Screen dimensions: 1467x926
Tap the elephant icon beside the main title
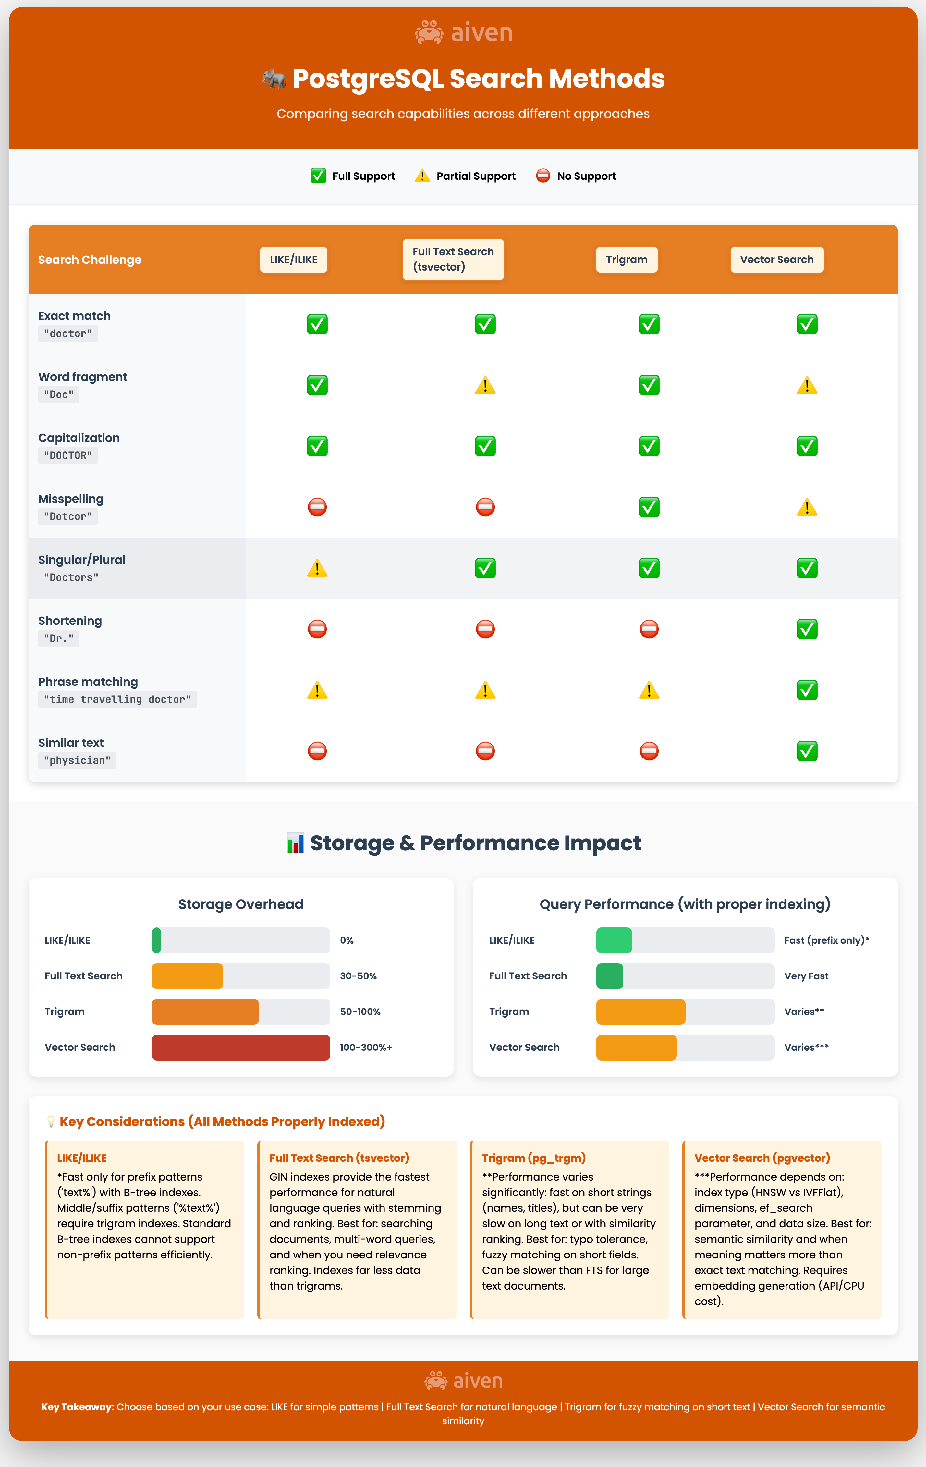pyautogui.click(x=274, y=79)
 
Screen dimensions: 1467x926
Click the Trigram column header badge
pyautogui.click(x=626, y=260)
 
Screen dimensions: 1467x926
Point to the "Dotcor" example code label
pyautogui.click(x=67, y=516)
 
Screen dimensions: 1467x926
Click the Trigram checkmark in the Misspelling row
pyautogui.click(x=649, y=507)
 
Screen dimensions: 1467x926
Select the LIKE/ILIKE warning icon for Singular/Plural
pyautogui.click(x=317, y=568)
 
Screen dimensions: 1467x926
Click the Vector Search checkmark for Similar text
pyautogui.click(x=807, y=751)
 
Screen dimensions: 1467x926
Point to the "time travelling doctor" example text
pyautogui.click(x=117, y=699)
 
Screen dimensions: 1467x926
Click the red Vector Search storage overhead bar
pyautogui.click(x=241, y=1047)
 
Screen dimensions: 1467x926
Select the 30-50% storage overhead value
pyautogui.click(x=358, y=976)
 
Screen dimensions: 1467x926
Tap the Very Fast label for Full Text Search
pyautogui.click(x=806, y=976)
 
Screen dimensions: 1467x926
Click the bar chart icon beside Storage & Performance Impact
pyautogui.click(x=296, y=843)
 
